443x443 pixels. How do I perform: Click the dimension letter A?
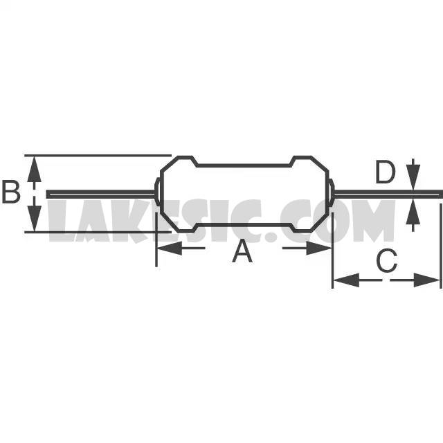[242, 251]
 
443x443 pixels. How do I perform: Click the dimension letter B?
[11, 192]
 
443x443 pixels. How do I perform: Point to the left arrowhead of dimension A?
[169, 248]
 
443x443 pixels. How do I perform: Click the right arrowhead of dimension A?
[318, 248]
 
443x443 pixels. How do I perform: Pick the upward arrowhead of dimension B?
[34, 169]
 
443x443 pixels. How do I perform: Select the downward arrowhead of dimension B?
[34, 219]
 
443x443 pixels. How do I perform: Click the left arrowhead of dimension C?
[346, 280]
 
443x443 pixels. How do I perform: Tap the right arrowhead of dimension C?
[426, 280]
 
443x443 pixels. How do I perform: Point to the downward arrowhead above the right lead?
[413, 177]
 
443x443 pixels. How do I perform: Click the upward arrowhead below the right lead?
[413, 213]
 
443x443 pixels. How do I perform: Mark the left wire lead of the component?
[101, 194]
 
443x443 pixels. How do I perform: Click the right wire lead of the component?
[388, 194]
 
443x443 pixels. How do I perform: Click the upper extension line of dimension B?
[98, 155]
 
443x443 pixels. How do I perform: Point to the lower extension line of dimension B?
[98, 233]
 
